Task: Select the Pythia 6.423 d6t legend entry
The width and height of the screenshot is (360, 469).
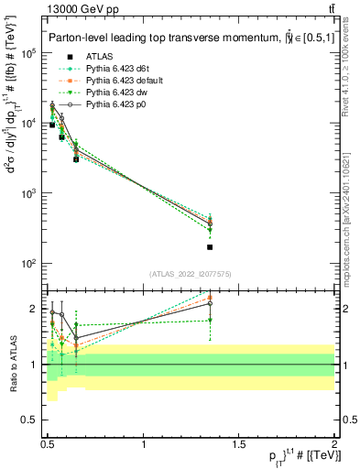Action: click(118, 68)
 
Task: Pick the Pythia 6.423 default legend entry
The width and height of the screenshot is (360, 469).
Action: click(124, 81)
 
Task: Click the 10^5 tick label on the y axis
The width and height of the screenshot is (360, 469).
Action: click(27, 53)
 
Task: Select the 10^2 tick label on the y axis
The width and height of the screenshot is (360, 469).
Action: click(27, 264)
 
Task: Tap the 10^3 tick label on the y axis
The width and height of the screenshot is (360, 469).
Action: click(27, 194)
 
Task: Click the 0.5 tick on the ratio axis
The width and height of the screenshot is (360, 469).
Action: click(34, 422)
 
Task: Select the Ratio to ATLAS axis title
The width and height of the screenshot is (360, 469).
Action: click(11, 365)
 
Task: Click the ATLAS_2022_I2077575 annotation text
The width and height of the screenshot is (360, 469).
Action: click(191, 274)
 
